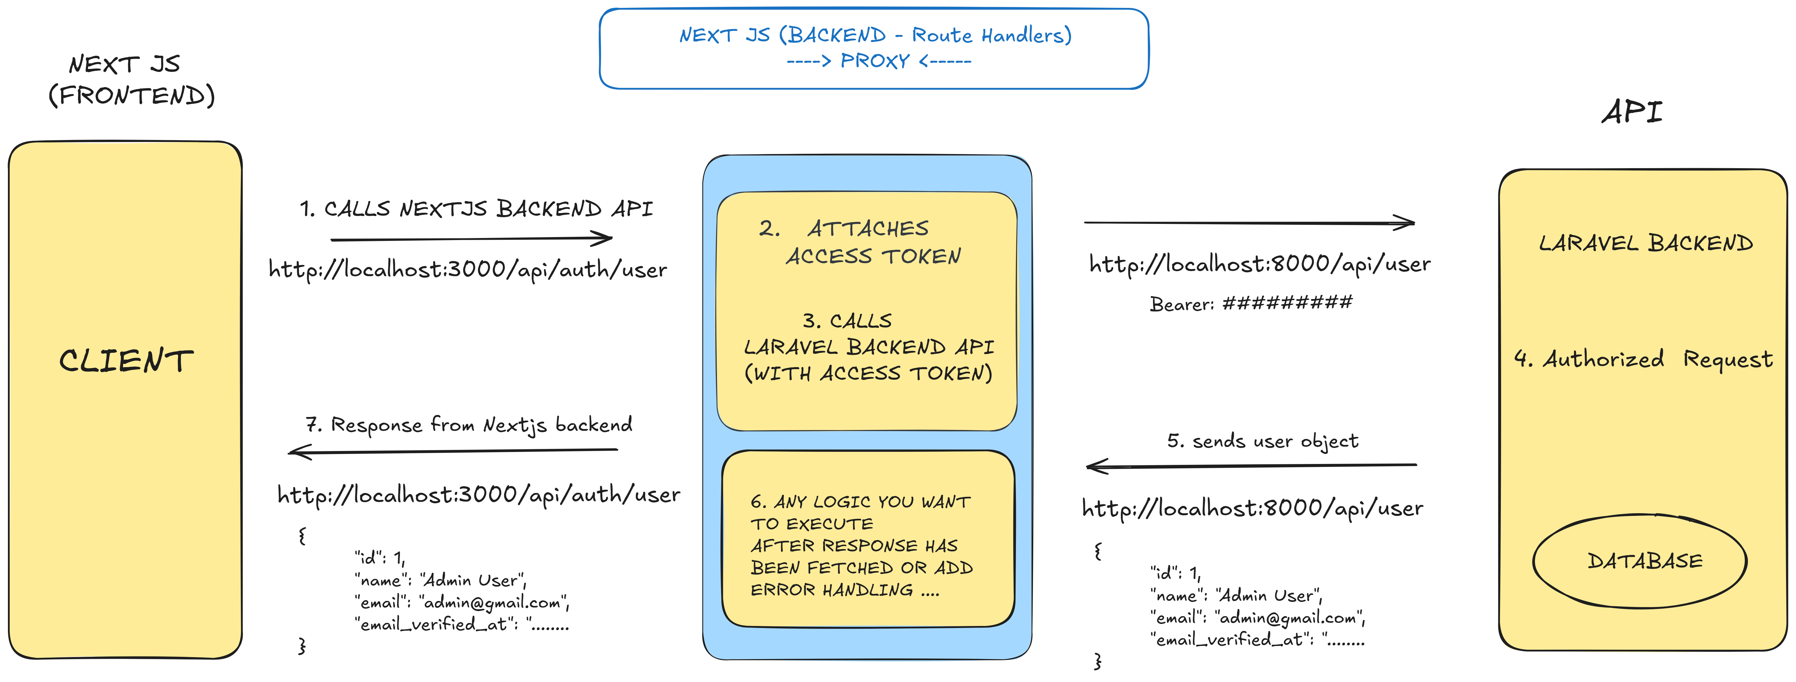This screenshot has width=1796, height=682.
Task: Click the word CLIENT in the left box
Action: click(x=126, y=361)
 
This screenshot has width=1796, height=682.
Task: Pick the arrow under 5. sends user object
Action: click(x=1252, y=465)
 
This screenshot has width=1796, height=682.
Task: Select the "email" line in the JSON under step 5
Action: click(x=1256, y=618)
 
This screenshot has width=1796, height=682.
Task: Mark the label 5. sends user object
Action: click(x=1263, y=441)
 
